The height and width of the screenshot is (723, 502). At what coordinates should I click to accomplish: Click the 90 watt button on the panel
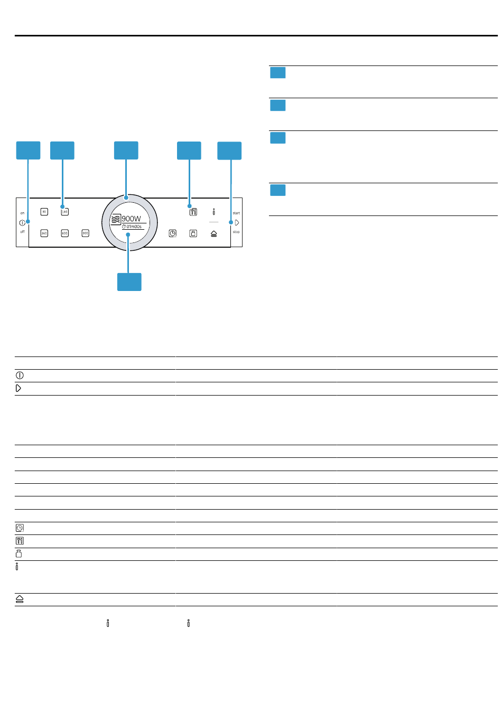[x=44, y=212]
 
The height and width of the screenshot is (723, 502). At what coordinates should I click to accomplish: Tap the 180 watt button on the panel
[x=64, y=212]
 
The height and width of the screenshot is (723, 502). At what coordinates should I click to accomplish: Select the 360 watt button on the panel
[x=44, y=233]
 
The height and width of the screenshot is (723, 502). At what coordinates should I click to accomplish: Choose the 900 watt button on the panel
[x=85, y=233]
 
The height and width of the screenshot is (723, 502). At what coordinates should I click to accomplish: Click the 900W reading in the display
[x=132, y=219]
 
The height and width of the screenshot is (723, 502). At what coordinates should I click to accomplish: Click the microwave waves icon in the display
[x=116, y=220]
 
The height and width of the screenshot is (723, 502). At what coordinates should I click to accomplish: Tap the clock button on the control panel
[x=173, y=233]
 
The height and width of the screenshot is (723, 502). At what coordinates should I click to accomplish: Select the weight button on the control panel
[x=193, y=233]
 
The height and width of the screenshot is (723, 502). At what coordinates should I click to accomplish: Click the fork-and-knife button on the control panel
[x=193, y=212]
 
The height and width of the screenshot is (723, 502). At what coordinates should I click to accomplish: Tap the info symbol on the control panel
[x=213, y=212]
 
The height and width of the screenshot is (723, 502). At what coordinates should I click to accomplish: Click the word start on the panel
[x=236, y=213]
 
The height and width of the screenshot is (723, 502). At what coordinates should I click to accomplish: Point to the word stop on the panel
[x=236, y=232]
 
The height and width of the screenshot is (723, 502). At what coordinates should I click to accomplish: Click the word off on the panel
[x=22, y=232]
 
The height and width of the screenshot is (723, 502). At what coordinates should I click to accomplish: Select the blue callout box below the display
[x=129, y=282]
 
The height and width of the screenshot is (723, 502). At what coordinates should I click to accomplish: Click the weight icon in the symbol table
[x=19, y=553]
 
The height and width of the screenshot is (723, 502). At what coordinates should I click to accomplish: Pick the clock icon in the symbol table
[x=20, y=528]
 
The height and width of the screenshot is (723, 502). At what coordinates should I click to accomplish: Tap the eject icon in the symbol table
[x=20, y=599]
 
